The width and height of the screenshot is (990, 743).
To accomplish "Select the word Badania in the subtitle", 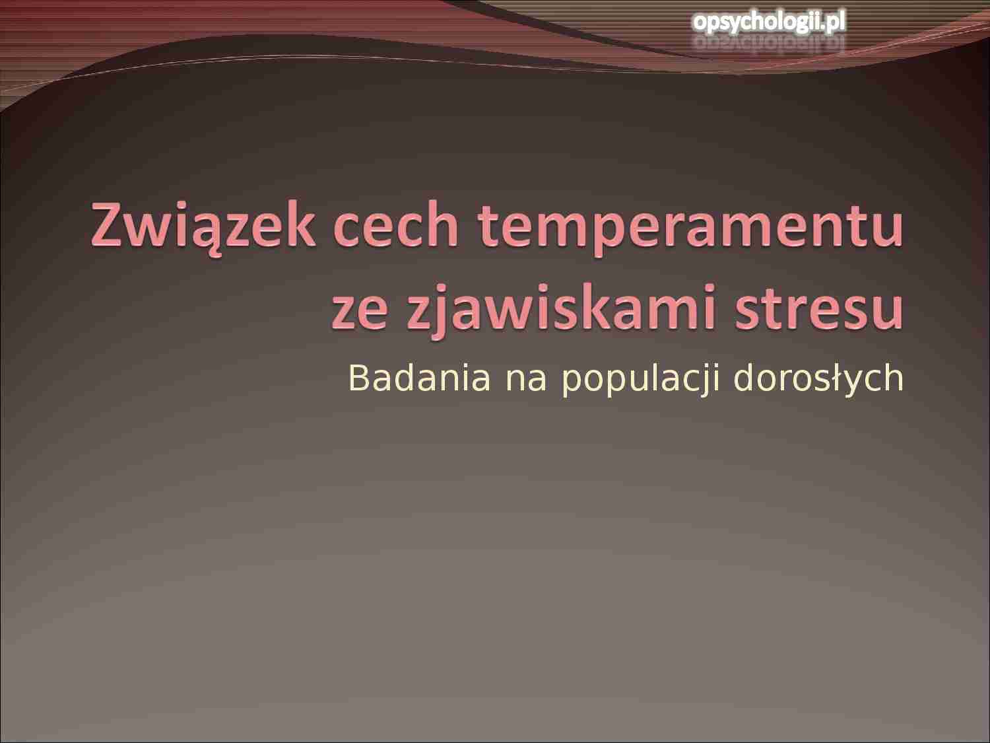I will (x=419, y=378).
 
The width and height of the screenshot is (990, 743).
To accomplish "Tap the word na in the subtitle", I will (x=526, y=378).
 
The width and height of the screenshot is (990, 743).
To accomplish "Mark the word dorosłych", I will (x=818, y=378).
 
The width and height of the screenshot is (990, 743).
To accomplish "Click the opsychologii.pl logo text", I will (x=769, y=22).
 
